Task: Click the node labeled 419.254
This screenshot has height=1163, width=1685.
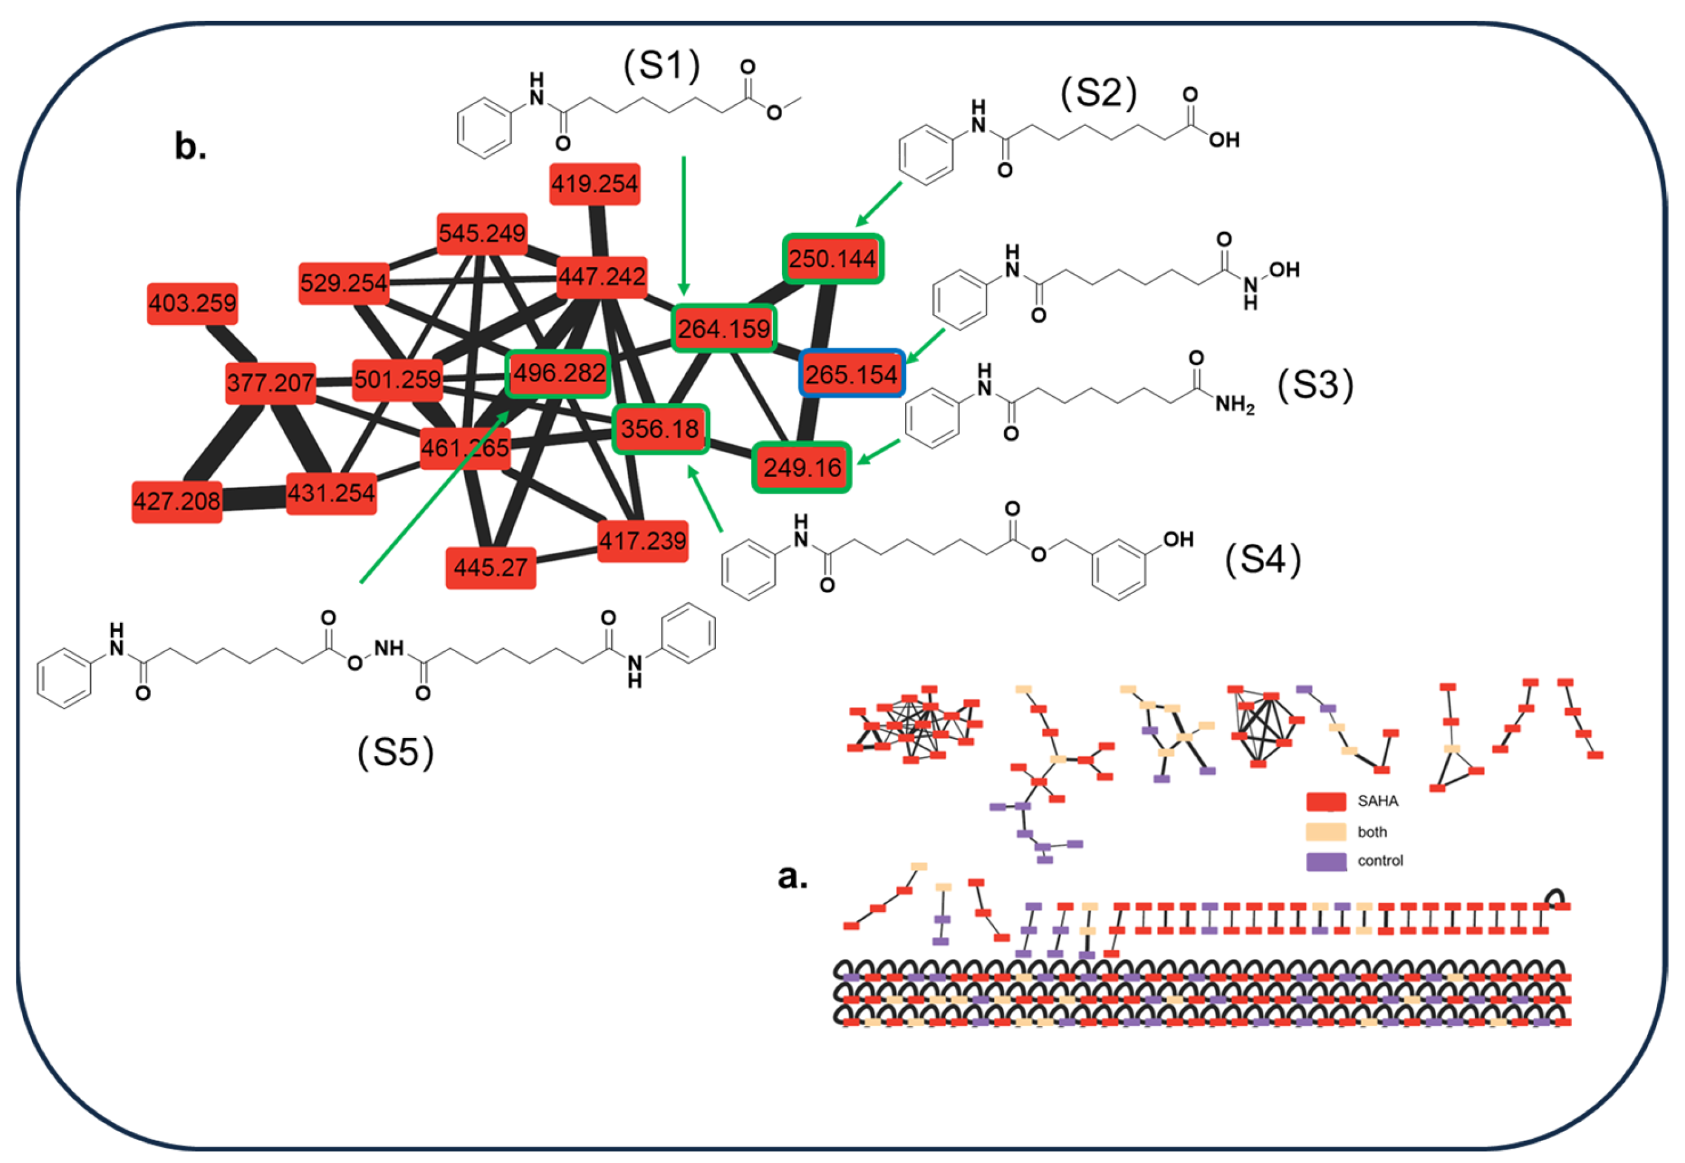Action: tap(594, 184)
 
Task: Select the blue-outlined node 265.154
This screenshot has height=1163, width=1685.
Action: tap(852, 374)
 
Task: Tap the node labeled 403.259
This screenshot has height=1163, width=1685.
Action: tap(193, 303)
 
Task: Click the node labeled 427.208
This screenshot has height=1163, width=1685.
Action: tap(177, 502)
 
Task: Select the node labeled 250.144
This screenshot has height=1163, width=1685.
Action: tap(833, 259)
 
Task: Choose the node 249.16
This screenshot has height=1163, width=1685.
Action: tap(801, 467)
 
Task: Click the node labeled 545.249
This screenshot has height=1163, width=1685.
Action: tap(482, 234)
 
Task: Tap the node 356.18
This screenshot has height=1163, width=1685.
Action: tap(660, 428)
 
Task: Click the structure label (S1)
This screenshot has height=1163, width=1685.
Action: tap(661, 65)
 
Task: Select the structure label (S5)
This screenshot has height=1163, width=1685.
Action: tap(396, 752)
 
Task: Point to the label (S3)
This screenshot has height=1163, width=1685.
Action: tap(1315, 385)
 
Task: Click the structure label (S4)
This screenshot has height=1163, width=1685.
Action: tap(1262, 560)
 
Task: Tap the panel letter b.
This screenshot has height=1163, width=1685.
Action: tap(190, 146)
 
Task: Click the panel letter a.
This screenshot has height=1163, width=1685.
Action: tap(793, 875)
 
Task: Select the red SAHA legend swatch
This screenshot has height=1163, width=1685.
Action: tap(1325, 801)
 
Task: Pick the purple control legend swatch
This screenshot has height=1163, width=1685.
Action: tap(1325, 861)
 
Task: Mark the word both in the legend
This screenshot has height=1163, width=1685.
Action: tap(1372, 832)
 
